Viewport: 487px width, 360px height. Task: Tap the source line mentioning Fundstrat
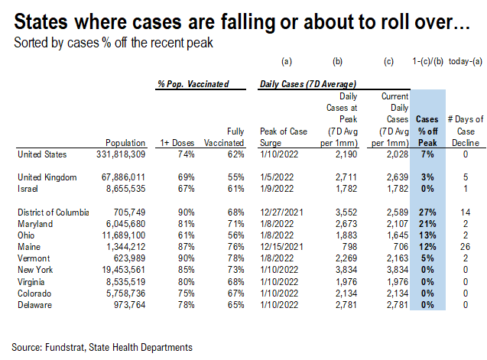pyautogui.click(x=101, y=347)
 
